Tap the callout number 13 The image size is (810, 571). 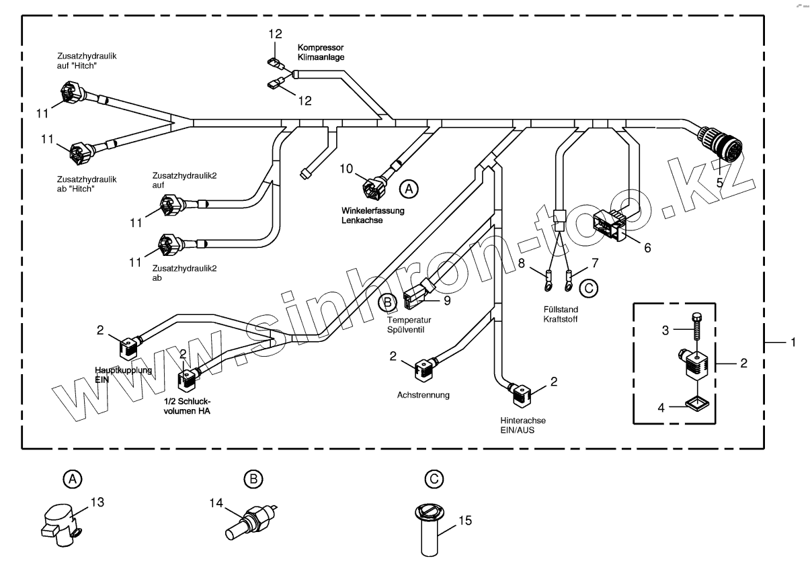[x=97, y=500]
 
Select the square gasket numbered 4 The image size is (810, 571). [x=697, y=403]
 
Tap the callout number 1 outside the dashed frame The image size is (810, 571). [x=793, y=343]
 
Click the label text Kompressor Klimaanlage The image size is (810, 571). [x=321, y=53]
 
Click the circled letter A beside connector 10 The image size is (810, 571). [x=408, y=189]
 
